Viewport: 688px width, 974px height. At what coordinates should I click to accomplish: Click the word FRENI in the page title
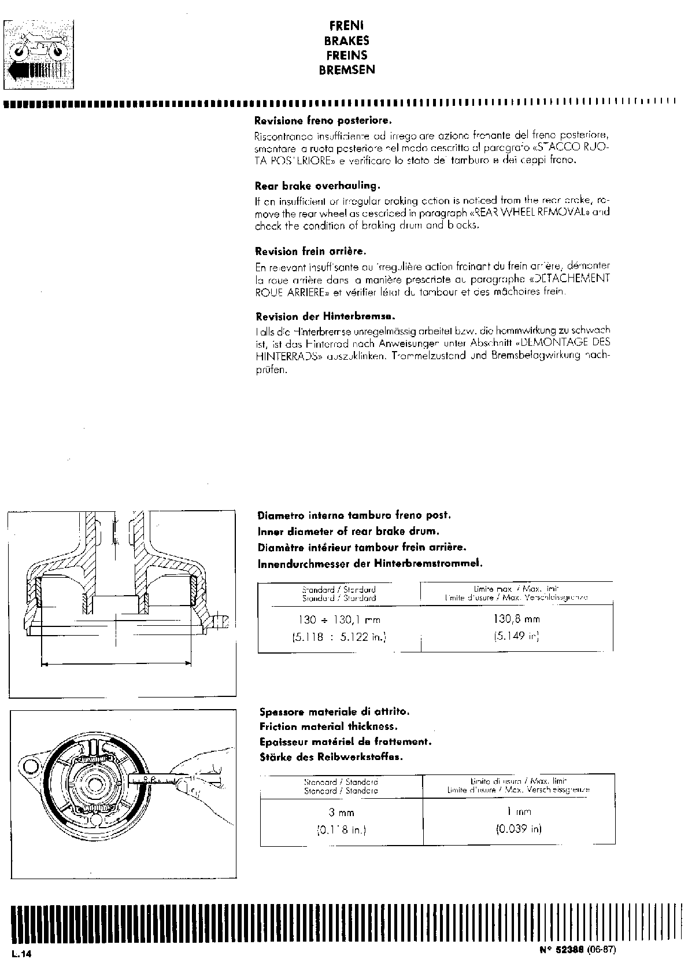click(x=346, y=26)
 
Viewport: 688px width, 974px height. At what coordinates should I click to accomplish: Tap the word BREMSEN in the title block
click(x=347, y=70)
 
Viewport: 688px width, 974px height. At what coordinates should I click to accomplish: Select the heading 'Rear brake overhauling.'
click(x=317, y=186)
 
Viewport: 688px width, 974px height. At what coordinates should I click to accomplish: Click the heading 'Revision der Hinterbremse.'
click(x=325, y=317)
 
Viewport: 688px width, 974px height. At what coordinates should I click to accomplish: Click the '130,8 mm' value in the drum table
click(x=516, y=619)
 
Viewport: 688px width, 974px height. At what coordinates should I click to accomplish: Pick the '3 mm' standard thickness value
click(x=341, y=812)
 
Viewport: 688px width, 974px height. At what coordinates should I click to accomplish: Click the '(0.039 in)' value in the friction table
click(x=519, y=829)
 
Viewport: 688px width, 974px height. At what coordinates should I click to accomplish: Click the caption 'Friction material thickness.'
click(x=328, y=726)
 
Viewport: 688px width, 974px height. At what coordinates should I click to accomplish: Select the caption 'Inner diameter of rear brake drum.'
click(x=349, y=531)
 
